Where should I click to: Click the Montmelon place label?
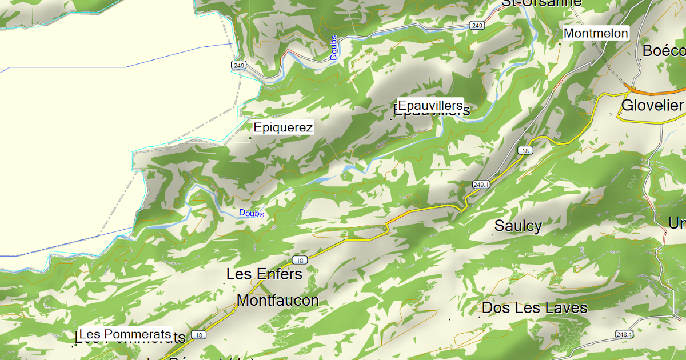[596, 33]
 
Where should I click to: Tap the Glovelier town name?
[652, 105]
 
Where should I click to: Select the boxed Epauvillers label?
[430, 105]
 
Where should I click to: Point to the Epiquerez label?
[284, 127]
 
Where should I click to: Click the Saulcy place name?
[518, 226]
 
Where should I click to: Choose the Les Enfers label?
[264, 274]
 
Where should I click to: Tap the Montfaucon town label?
[278, 300]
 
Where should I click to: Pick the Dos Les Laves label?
[535, 308]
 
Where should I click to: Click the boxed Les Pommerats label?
[125, 334]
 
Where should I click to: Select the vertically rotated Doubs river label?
[334, 48]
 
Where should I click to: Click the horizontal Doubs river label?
[252, 213]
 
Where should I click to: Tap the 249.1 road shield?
[481, 184]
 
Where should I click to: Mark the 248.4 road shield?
[625, 334]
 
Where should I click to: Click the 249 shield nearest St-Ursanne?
[477, 26]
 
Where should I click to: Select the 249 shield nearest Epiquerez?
[239, 66]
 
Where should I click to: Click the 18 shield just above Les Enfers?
[301, 260]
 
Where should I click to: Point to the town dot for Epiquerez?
[250, 138]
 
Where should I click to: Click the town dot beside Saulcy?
[493, 234]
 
